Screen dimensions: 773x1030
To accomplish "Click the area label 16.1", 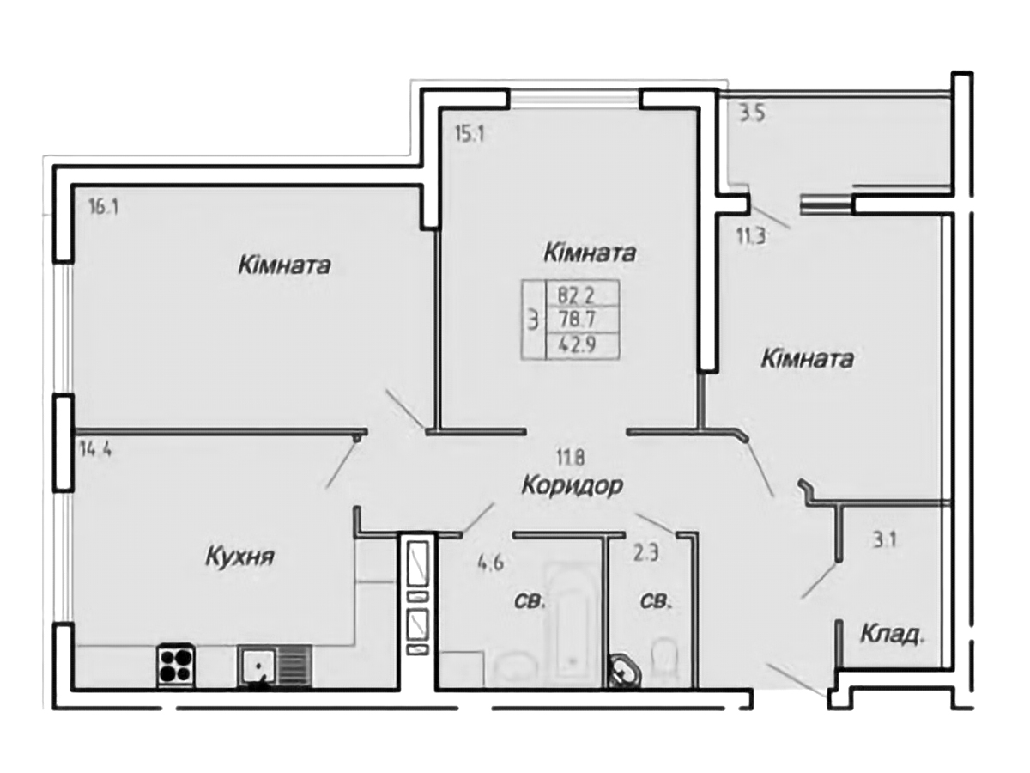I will (102, 206).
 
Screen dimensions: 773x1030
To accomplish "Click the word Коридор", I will (573, 486).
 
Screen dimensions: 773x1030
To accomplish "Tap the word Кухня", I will (239, 557).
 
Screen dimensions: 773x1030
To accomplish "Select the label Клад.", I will (893, 636).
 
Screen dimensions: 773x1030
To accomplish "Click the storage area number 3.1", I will (886, 540).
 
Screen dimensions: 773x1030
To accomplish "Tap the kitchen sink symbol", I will (257, 666).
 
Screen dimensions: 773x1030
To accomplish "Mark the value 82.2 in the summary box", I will (577, 296).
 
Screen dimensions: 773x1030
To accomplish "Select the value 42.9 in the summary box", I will (577, 345).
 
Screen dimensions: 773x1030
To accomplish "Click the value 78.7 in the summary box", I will (577, 320).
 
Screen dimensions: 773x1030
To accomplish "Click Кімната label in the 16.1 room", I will (285, 265).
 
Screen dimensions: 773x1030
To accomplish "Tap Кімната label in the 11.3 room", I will (807, 359).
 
